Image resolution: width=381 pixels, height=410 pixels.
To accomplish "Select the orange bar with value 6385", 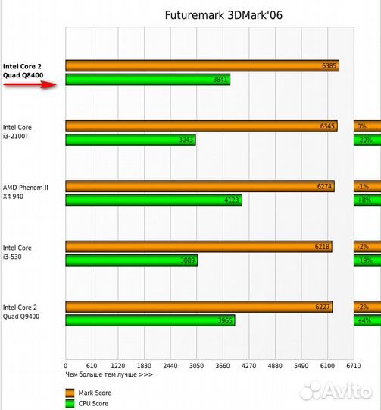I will [x=201, y=66].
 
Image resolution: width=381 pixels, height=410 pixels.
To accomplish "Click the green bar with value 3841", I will [x=147, y=80].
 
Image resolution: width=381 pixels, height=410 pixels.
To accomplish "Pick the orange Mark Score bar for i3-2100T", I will [x=201, y=126].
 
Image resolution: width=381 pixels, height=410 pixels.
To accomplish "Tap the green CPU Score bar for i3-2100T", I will [x=130, y=140].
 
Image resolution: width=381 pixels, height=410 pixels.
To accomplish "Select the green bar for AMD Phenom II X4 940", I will [x=153, y=200].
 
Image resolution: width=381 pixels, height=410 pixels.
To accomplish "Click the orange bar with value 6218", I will [x=198, y=247].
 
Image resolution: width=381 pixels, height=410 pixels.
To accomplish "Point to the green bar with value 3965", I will [x=150, y=320].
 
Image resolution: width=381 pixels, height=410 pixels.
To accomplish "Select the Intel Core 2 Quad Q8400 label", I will [x=23, y=69].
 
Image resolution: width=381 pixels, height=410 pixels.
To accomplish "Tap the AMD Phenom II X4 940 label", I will [x=25, y=191].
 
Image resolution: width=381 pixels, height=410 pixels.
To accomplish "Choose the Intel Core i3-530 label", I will [x=17, y=251].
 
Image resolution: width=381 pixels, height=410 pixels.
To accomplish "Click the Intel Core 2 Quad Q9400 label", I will [x=23, y=311].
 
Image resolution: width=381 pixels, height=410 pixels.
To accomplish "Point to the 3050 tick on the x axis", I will [x=195, y=365].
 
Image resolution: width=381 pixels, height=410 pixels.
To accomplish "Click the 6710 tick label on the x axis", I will [x=354, y=365].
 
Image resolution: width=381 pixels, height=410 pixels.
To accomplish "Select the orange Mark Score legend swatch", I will [x=70, y=392].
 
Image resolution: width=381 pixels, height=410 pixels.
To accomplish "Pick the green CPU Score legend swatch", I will [x=70, y=403].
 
